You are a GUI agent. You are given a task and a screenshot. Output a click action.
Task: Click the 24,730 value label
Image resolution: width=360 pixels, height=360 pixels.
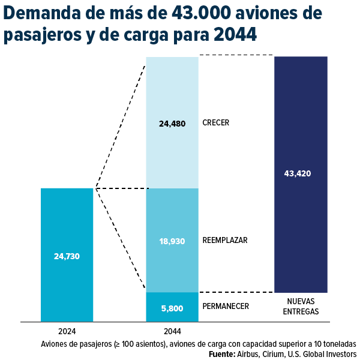[x=67, y=256]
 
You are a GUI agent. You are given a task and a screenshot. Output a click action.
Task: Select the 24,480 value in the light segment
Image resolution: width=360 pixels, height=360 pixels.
[x=172, y=124]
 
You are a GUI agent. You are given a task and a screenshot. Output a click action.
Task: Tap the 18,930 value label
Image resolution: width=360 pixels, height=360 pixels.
[x=172, y=241]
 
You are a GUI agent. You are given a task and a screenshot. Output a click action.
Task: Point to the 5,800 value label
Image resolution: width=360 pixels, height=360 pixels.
[x=172, y=308]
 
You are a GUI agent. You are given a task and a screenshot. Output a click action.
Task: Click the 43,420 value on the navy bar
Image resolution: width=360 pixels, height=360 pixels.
[x=298, y=174]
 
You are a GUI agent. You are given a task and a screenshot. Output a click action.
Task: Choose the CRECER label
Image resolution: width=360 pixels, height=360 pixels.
[x=216, y=123]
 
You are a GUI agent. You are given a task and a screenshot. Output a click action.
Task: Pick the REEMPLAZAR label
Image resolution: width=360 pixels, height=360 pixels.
[x=225, y=240]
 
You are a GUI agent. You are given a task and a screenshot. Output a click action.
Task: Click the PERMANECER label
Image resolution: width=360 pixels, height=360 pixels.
[x=226, y=307]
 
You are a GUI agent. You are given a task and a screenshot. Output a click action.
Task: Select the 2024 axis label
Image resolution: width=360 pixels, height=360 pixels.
[x=67, y=331]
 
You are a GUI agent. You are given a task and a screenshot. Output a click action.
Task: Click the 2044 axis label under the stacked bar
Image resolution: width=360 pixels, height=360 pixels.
[x=172, y=331]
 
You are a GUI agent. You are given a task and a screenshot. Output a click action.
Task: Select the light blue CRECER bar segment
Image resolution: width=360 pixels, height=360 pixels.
[x=172, y=90]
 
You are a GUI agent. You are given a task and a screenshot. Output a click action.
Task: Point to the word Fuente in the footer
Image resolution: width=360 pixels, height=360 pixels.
[x=221, y=355]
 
